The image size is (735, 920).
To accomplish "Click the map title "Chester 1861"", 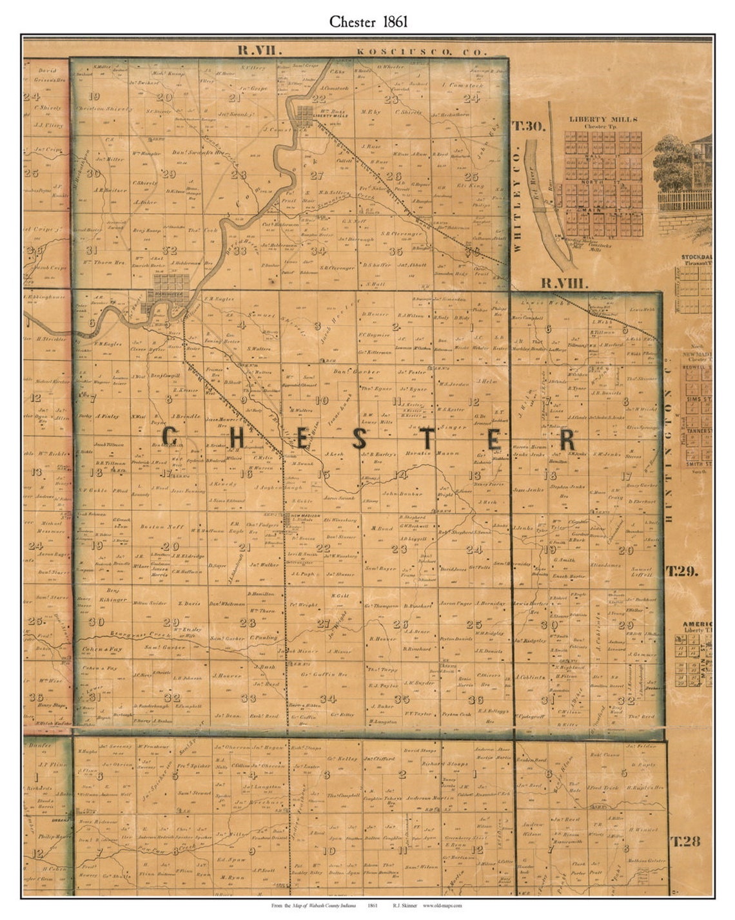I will point(367,21).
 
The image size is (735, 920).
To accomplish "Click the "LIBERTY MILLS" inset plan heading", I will point(603,119).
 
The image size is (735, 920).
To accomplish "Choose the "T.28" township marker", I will point(685,840).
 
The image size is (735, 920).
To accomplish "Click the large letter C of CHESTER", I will point(170,439).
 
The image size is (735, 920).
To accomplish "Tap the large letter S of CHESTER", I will point(359,440).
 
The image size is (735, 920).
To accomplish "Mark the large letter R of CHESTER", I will point(567,440).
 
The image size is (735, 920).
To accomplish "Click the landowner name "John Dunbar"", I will point(396,494).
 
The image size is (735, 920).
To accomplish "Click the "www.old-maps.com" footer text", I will point(442,905).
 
